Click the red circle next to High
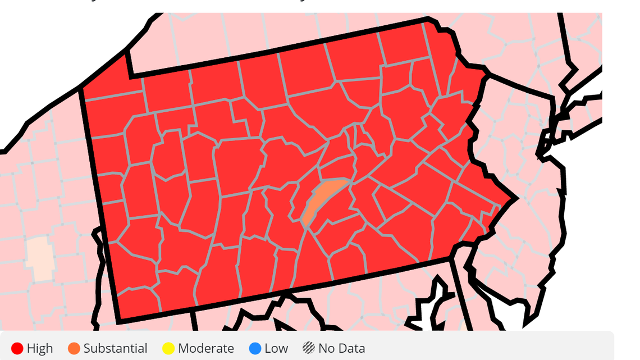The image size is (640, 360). click(17, 348)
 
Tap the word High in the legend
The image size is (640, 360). click(40, 348)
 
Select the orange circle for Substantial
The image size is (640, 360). click(74, 348)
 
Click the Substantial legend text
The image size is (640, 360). click(115, 348)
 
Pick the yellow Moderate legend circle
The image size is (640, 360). click(168, 348)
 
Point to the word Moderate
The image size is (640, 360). click(205, 348)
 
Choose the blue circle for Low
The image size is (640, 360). click(255, 348)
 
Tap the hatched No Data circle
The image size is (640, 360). click(308, 348)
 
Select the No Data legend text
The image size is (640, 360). click(341, 348)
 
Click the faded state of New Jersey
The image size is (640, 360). click(533, 225)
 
